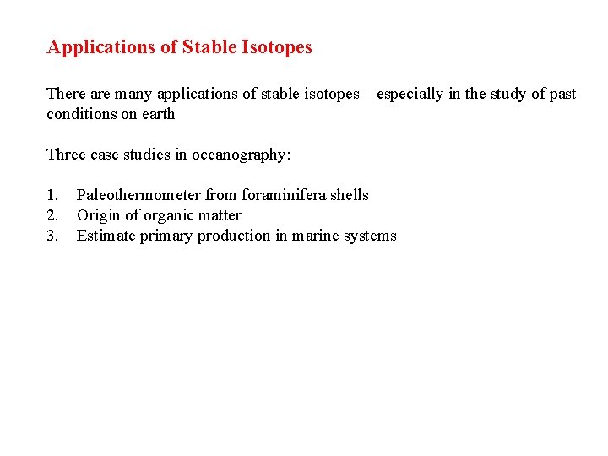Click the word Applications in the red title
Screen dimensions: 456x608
(x=101, y=47)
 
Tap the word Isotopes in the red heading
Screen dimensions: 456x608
(x=278, y=47)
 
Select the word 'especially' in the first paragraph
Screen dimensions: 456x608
(x=410, y=94)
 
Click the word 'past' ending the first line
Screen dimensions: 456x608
(x=562, y=94)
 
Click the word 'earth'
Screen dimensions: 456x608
(x=157, y=114)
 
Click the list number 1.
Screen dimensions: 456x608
(x=52, y=195)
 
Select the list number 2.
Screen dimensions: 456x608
(x=52, y=215)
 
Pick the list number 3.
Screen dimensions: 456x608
(x=52, y=236)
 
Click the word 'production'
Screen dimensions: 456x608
(x=234, y=236)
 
